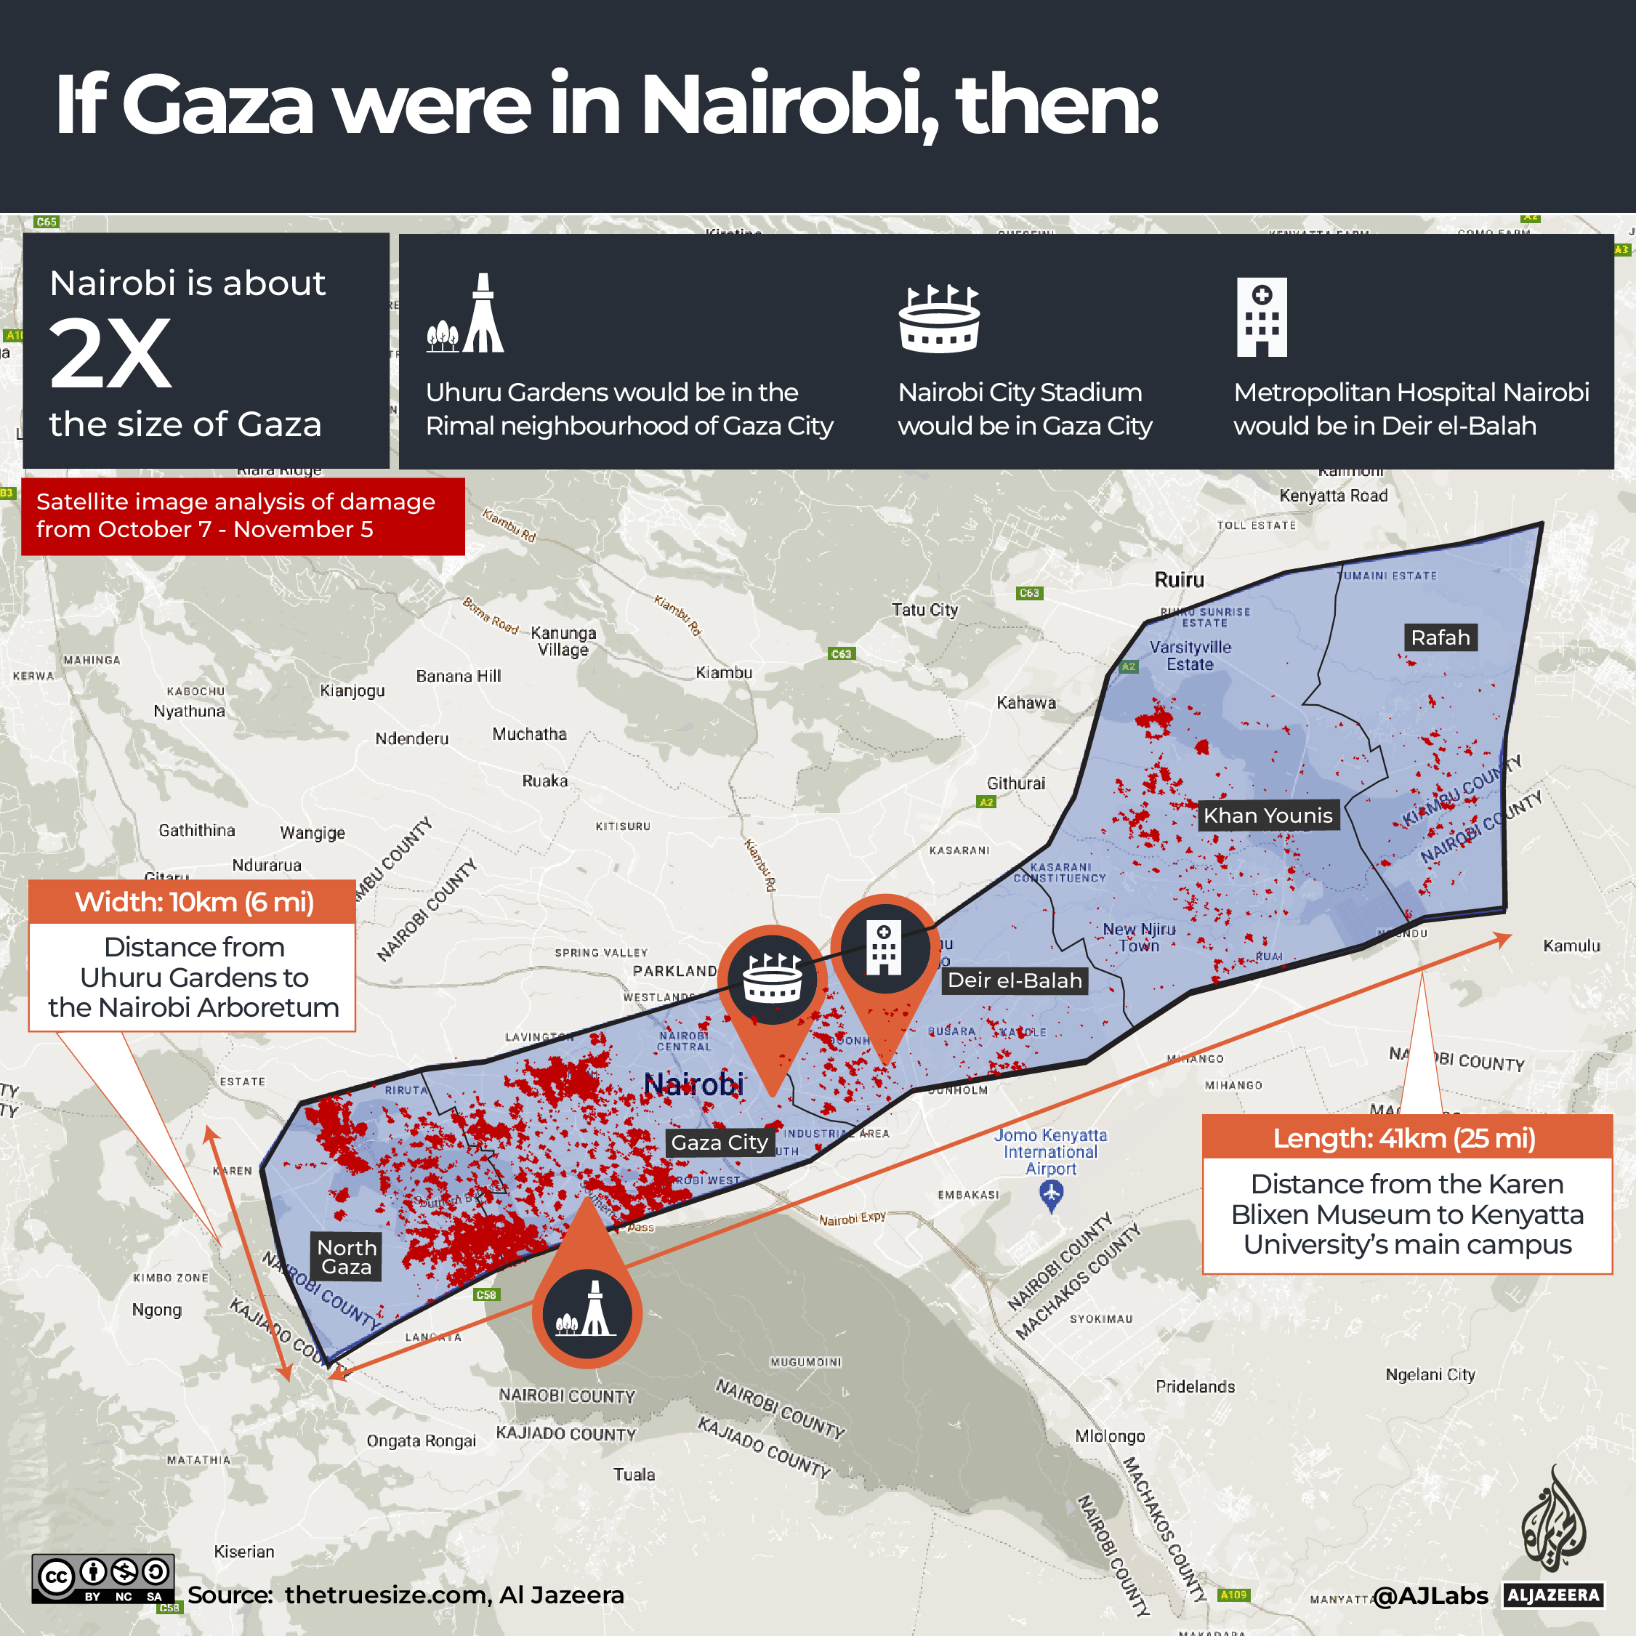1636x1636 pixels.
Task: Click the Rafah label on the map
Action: (1440, 637)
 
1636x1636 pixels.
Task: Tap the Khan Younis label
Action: (1268, 815)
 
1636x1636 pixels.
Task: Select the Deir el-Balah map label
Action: (1015, 980)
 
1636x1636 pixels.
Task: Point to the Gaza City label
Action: (719, 1143)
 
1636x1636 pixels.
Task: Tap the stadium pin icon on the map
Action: (771, 980)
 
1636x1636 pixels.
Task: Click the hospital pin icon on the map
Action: (884, 948)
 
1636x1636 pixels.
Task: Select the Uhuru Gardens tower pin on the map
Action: (587, 1313)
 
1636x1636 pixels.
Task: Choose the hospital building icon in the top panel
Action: (1262, 317)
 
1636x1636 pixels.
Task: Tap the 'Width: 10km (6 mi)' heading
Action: (194, 902)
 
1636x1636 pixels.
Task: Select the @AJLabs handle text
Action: (1430, 1595)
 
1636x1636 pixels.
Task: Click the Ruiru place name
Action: (1179, 580)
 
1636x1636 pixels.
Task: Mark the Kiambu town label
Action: (724, 672)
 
